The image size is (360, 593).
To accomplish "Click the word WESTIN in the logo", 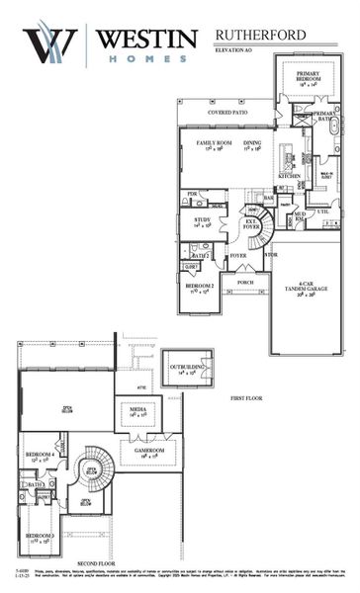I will pos(145,40).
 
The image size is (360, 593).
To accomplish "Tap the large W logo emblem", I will pos(50,44).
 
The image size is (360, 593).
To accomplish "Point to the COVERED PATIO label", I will pos(226,113).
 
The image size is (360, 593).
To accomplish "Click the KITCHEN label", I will pos(289,176).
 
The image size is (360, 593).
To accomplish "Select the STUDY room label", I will pos(202,221).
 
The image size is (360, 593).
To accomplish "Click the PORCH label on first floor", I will pos(244,282).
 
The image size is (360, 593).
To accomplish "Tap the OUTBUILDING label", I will pos(188,370).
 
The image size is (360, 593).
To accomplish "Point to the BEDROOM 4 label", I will pos(40,456).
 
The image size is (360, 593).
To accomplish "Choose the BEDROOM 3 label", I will pos(40,538).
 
